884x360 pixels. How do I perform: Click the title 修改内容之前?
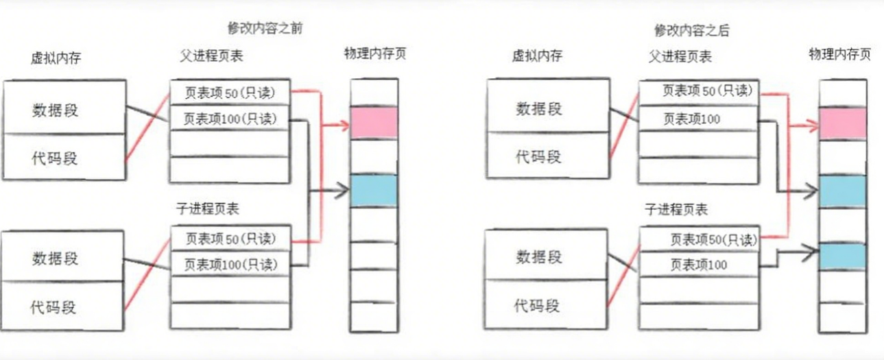coord(265,28)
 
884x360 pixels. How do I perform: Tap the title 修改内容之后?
coord(691,30)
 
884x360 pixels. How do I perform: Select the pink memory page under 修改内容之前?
coord(374,122)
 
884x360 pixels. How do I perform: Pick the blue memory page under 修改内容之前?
coord(374,190)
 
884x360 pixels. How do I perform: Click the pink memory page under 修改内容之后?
coord(842,123)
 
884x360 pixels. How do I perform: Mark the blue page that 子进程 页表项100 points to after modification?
coord(842,255)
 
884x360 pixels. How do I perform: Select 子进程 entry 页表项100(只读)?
coord(230,264)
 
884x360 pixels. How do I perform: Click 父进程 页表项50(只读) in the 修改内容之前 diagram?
coord(230,91)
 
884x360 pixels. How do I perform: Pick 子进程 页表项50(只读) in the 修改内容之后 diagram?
coord(713,240)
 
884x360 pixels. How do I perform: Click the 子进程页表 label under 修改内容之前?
coord(208,208)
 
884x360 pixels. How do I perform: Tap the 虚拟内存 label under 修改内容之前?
coord(56,58)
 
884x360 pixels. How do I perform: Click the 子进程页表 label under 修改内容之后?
coord(676,209)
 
